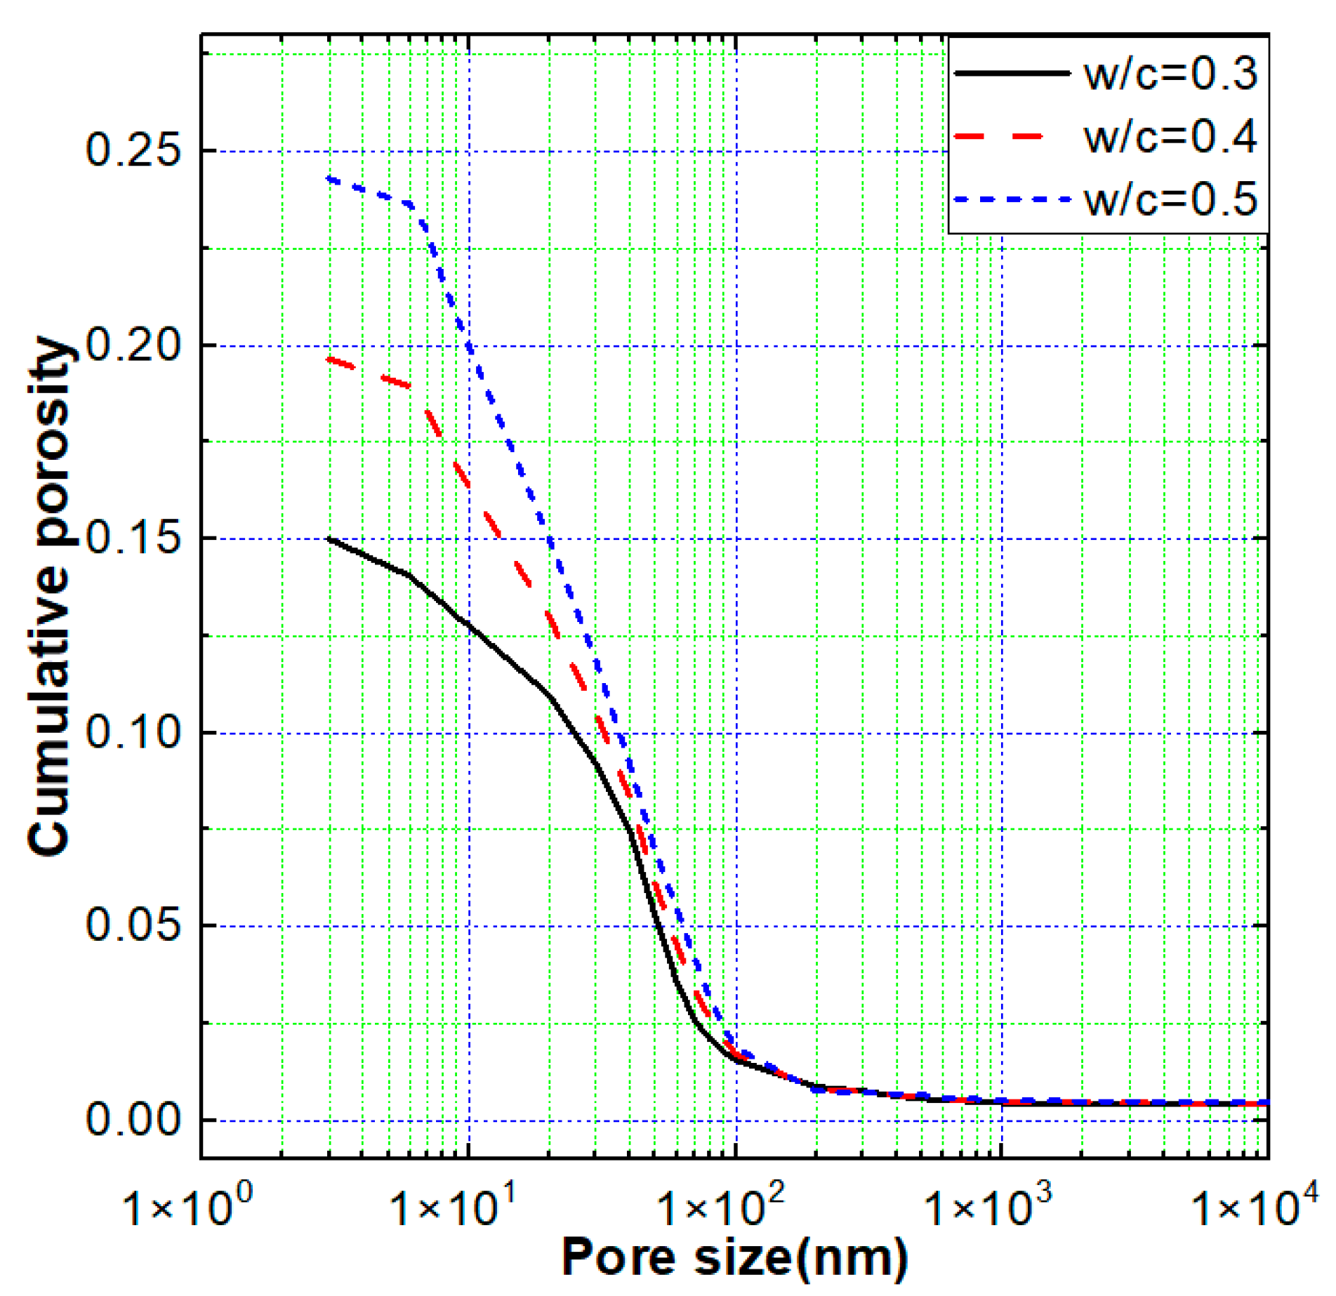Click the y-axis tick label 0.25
(x=133, y=150)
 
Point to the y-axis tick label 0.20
(x=133, y=345)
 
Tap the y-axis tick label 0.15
(x=133, y=538)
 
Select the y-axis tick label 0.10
(x=133, y=732)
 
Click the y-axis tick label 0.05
(x=133, y=925)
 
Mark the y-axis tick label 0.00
(x=133, y=1119)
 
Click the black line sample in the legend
(x=1012, y=73)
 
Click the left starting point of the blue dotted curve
(x=329, y=179)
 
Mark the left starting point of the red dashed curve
(x=329, y=359)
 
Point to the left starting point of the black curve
(x=329, y=538)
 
